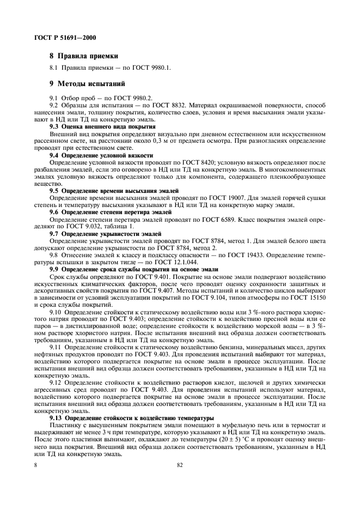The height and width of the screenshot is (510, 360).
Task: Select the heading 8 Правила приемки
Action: click(84, 56)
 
